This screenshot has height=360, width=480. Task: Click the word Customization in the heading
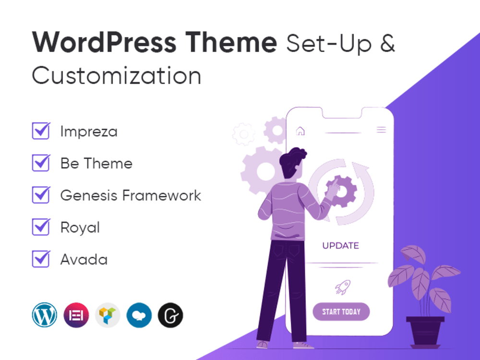pyautogui.click(x=117, y=75)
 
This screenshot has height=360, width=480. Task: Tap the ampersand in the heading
pyautogui.click(x=387, y=43)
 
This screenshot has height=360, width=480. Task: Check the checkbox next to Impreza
pyautogui.click(x=41, y=131)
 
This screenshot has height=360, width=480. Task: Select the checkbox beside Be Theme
pyautogui.click(x=41, y=163)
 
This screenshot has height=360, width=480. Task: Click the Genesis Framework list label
pyautogui.click(x=131, y=195)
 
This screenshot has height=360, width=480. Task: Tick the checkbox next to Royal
pyautogui.click(x=41, y=227)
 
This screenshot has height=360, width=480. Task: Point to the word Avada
pyautogui.click(x=84, y=260)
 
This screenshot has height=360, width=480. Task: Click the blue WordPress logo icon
pyautogui.click(x=44, y=315)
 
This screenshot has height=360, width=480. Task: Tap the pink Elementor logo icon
pyautogui.click(x=76, y=315)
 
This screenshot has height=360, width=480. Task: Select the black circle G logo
pyautogui.click(x=170, y=315)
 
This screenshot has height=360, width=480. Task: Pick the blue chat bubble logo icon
pyautogui.click(x=139, y=315)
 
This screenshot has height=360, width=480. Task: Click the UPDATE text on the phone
pyautogui.click(x=340, y=245)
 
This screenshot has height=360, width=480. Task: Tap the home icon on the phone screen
pyautogui.click(x=300, y=131)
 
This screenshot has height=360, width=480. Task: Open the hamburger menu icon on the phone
pyautogui.click(x=381, y=130)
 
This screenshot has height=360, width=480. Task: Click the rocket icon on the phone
pyautogui.click(x=343, y=287)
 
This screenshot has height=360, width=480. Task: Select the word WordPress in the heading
pyautogui.click(x=104, y=42)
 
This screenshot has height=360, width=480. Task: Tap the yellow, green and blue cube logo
pyautogui.click(x=108, y=315)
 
